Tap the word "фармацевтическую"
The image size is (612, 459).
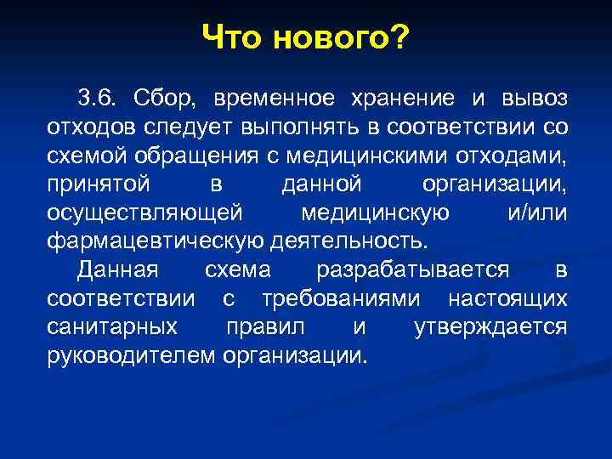point(156,242)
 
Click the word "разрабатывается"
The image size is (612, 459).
point(413,271)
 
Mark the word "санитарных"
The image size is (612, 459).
point(112,328)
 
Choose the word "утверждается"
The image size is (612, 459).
point(490,328)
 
